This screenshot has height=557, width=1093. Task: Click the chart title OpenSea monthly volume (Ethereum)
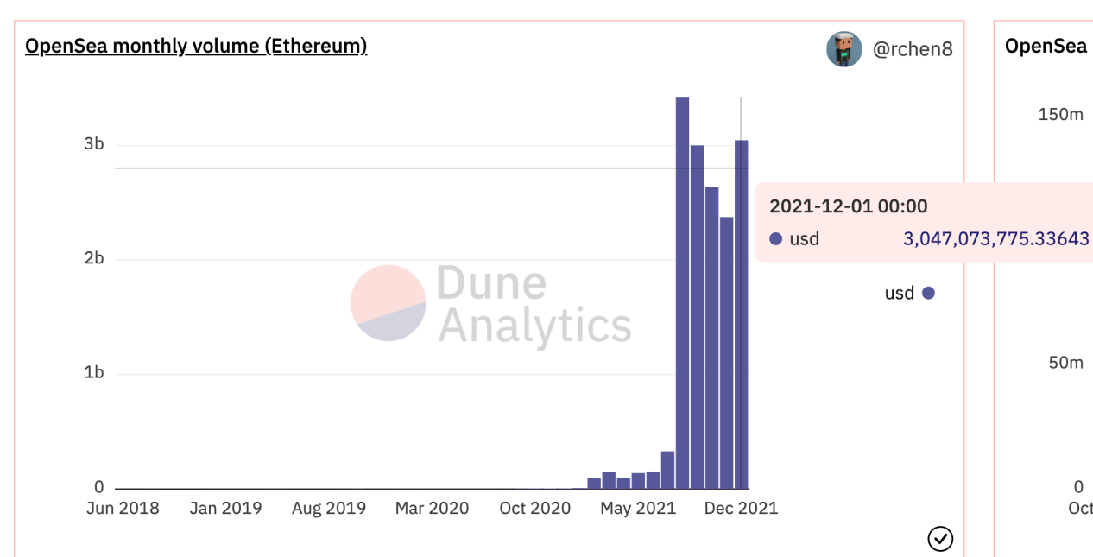(196, 47)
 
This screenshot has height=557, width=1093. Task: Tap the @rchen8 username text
(913, 49)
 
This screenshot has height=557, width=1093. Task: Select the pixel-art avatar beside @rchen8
(843, 49)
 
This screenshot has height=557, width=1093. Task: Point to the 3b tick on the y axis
(93, 144)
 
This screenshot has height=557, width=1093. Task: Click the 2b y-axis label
(93, 259)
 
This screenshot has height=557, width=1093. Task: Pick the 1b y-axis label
(93, 373)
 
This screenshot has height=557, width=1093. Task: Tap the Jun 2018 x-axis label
(123, 508)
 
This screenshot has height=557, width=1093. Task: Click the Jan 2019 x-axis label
(225, 508)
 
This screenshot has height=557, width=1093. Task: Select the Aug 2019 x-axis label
(328, 508)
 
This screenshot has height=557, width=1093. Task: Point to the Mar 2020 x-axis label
(432, 508)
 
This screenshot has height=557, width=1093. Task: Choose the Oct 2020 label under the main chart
(535, 508)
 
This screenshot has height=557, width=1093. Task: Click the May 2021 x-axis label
(638, 508)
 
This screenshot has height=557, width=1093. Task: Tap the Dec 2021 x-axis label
(741, 508)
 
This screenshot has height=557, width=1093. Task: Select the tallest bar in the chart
(682, 294)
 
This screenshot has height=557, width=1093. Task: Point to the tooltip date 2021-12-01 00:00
(848, 206)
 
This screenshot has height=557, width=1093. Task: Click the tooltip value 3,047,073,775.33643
(995, 239)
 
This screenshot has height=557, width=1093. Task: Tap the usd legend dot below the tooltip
(928, 294)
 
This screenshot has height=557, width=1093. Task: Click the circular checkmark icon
(939, 540)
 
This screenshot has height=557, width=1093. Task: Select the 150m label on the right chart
(1060, 115)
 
